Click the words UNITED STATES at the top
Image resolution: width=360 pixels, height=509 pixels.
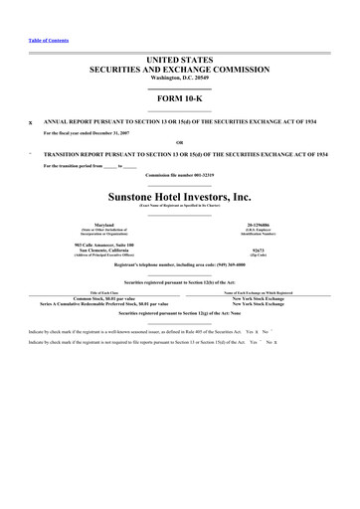click(x=180, y=62)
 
